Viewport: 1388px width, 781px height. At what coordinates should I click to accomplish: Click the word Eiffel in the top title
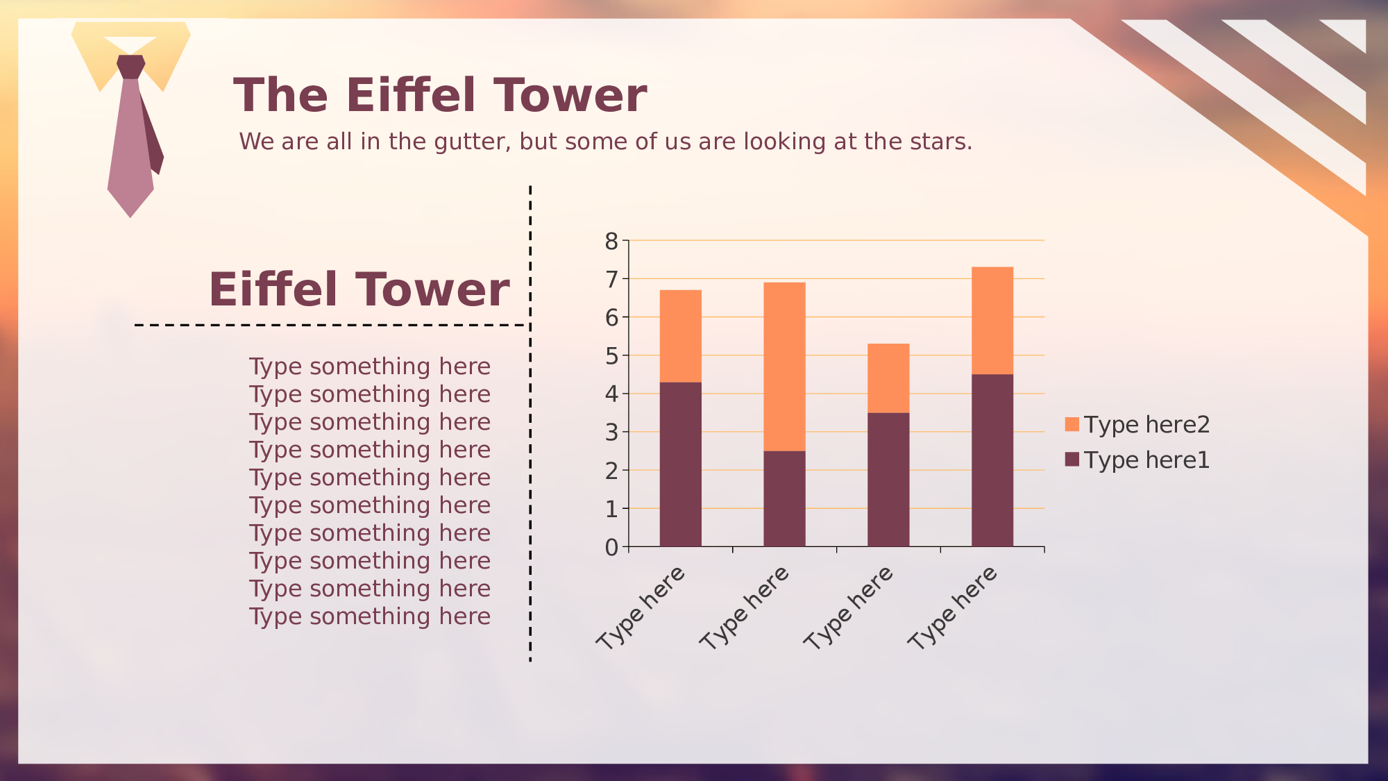(x=412, y=95)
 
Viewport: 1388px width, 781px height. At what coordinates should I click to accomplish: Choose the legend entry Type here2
(x=1137, y=424)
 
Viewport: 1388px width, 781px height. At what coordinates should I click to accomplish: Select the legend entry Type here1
(x=1137, y=460)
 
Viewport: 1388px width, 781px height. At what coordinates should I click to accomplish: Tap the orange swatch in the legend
(x=1072, y=424)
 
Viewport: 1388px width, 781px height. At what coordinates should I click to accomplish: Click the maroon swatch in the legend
(x=1072, y=460)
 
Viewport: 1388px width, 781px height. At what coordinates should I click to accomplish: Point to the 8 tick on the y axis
(x=611, y=242)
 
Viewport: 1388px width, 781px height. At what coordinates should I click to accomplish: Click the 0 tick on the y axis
(x=611, y=548)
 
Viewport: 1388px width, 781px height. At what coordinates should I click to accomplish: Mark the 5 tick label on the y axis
(x=611, y=356)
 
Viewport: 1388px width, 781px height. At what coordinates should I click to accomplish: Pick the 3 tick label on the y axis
(x=611, y=433)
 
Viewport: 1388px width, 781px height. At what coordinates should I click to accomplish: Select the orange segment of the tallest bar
(x=992, y=321)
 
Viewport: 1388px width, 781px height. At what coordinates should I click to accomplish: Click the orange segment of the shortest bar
(x=888, y=378)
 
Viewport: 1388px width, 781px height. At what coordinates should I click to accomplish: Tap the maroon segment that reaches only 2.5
(x=784, y=498)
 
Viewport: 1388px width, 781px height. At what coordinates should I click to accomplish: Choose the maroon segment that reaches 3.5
(x=888, y=480)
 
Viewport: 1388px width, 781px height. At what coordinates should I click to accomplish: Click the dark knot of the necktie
(x=130, y=67)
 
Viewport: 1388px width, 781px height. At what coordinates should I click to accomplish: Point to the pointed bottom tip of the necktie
(x=130, y=217)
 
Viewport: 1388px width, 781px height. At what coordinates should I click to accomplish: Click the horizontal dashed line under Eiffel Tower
(x=332, y=325)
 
